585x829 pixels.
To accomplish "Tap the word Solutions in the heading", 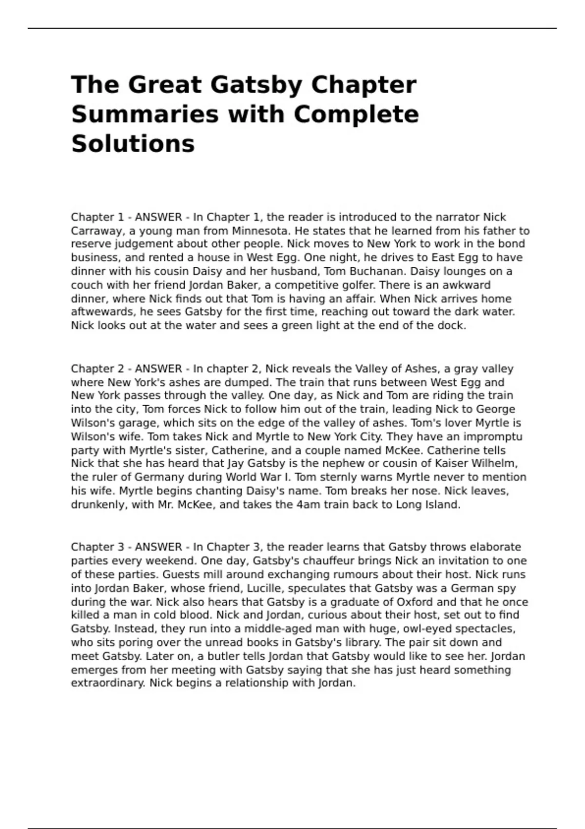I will pos(133,144).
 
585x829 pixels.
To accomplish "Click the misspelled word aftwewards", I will pos(102,312).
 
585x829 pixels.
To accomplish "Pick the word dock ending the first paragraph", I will pos(451,326).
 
